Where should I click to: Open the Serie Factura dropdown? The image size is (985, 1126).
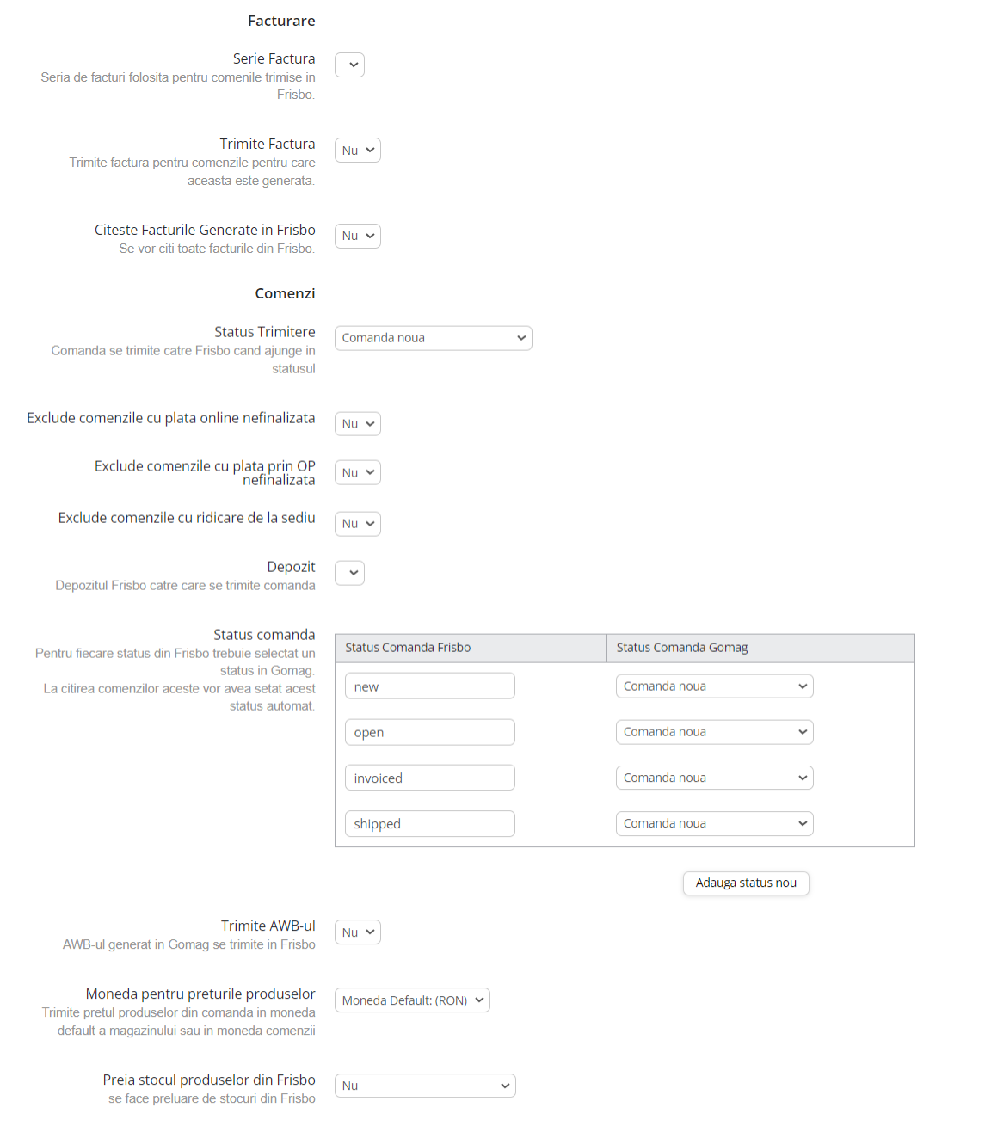tap(349, 65)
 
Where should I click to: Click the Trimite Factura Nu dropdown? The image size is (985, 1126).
tap(358, 151)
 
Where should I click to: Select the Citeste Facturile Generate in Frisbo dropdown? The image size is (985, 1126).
tap(358, 237)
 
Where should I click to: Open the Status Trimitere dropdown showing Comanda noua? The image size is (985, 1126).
tap(433, 338)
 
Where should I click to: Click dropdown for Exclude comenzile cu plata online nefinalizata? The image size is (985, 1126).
tap(358, 424)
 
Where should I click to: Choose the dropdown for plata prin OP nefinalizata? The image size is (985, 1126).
tap(358, 473)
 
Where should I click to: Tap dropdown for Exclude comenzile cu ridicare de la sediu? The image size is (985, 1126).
tap(358, 524)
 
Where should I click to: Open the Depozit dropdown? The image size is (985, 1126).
tap(349, 573)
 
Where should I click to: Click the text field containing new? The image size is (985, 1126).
tap(430, 686)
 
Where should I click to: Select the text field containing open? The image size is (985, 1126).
tap(430, 732)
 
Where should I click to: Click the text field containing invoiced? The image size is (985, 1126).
tap(430, 778)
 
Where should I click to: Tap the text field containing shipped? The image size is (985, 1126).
tap(430, 823)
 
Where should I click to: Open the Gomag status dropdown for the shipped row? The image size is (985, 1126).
tap(714, 823)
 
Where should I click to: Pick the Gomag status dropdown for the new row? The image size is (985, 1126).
tap(714, 686)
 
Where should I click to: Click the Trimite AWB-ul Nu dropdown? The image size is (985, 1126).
tap(358, 932)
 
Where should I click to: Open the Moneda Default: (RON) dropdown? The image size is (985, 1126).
tap(412, 1000)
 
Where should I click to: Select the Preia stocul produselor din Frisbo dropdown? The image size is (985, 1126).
tap(425, 1086)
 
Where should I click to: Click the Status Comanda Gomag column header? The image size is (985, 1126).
tap(682, 648)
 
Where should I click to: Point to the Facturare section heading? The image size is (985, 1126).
tap(281, 21)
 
